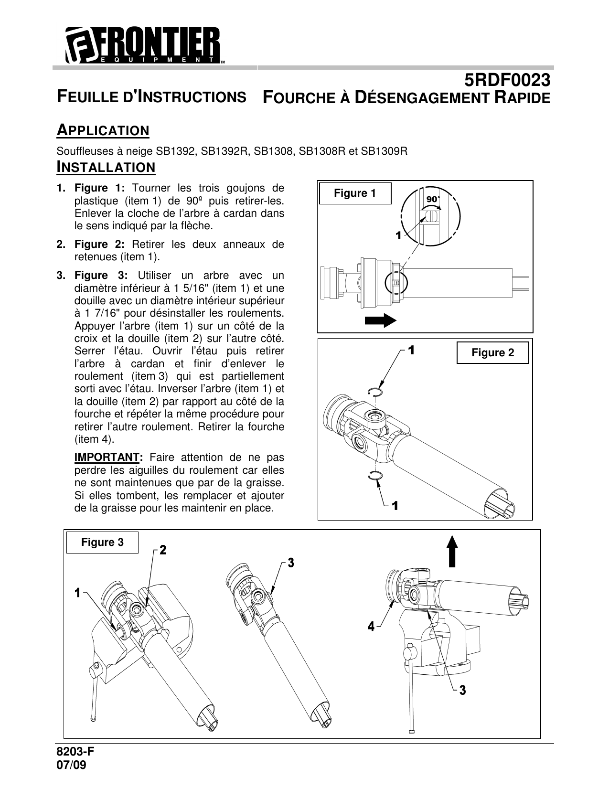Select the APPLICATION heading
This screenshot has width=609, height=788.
(x=103, y=130)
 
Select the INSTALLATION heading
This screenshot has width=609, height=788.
(x=106, y=168)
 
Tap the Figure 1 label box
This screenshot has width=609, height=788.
(x=354, y=193)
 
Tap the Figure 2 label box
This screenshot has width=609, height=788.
(x=492, y=353)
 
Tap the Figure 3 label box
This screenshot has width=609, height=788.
(x=102, y=543)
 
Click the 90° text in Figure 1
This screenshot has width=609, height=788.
(x=433, y=199)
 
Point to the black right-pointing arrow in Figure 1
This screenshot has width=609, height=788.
(x=380, y=320)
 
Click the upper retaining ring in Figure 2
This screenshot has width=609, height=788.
(x=375, y=392)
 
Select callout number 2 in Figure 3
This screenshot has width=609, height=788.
(x=162, y=550)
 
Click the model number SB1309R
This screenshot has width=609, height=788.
(x=384, y=151)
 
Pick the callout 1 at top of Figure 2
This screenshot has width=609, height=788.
(x=410, y=351)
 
